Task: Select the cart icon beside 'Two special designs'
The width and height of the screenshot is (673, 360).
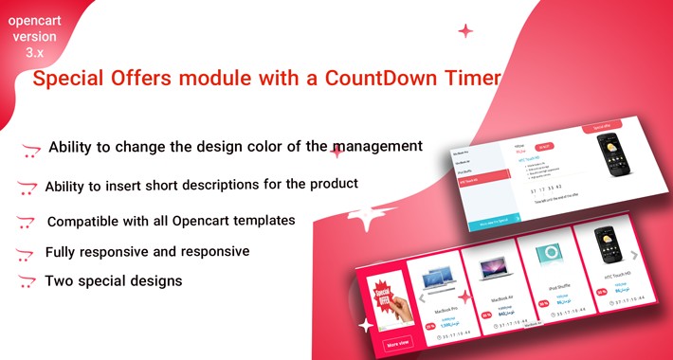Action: pos(27,282)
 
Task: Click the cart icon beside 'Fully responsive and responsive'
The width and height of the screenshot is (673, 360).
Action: pos(27,254)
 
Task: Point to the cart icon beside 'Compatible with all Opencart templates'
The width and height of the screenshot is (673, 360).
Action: pos(27,222)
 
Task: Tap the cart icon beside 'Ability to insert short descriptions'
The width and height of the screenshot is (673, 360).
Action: pos(27,187)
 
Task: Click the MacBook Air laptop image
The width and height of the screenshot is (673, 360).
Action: pos(491,271)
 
